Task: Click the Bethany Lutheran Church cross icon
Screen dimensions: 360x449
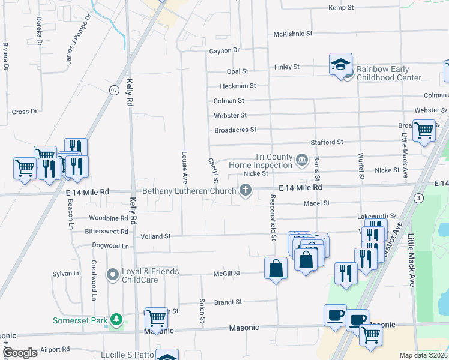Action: [x=245, y=191]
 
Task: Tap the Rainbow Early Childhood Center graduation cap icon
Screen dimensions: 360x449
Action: [x=341, y=64]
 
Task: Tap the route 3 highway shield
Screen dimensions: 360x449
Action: [x=418, y=198]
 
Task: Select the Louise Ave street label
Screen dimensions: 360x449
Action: [x=185, y=166]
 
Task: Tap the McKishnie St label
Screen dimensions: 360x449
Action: [x=292, y=34]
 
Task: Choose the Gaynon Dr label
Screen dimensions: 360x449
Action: [x=224, y=51]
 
